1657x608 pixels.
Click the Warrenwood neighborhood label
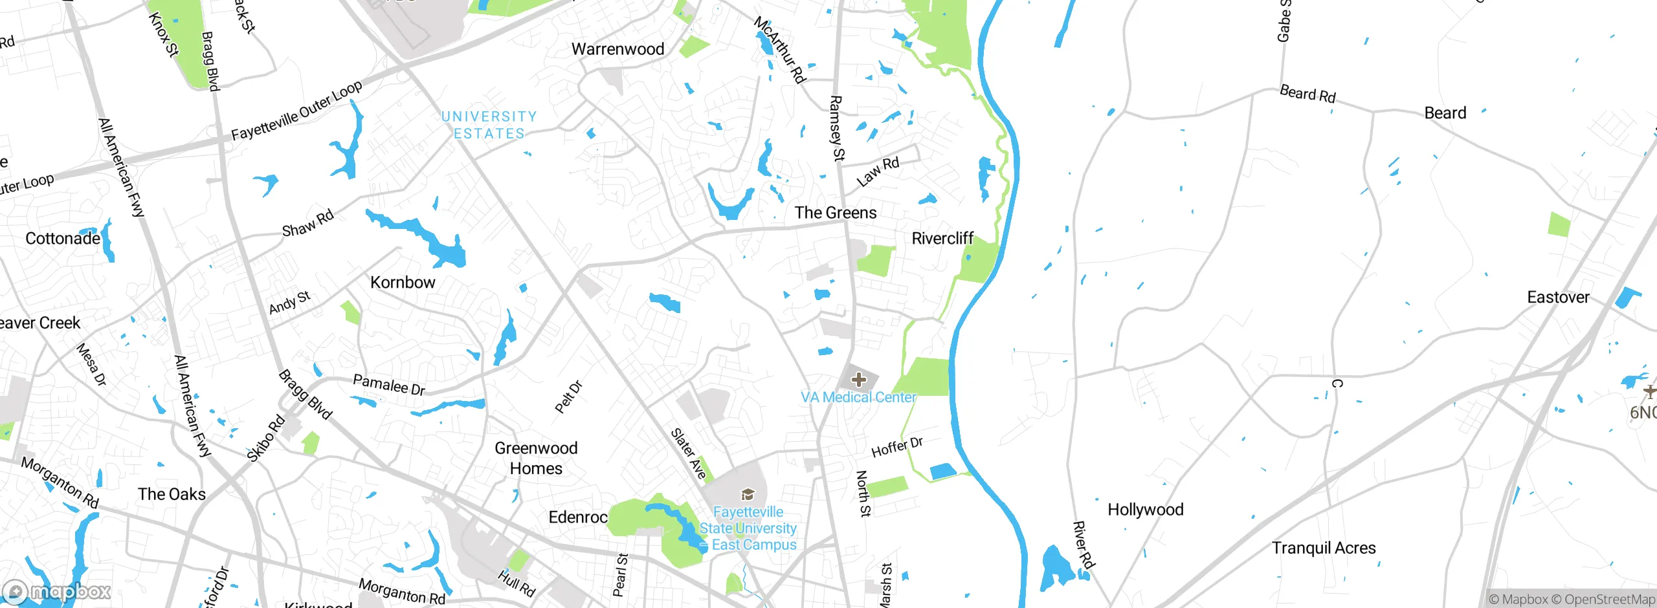617,49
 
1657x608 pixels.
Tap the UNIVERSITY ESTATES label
489,125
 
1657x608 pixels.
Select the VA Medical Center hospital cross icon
858,380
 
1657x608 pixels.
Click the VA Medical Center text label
858,397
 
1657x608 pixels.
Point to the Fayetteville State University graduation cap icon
748,495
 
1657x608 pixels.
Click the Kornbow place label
403,283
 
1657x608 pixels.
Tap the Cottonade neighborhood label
63,239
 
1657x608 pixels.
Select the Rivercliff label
942,239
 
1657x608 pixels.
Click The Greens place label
836,213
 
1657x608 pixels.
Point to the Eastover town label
1558,298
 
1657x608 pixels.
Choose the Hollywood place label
1145,510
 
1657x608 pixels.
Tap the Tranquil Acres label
1324,548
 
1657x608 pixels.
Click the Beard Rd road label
1307,94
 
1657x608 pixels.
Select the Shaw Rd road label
308,223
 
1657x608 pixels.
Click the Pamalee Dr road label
389,385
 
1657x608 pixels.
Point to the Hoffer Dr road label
897,447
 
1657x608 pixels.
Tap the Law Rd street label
878,171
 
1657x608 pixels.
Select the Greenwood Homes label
536,458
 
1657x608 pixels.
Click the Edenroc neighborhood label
578,517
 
